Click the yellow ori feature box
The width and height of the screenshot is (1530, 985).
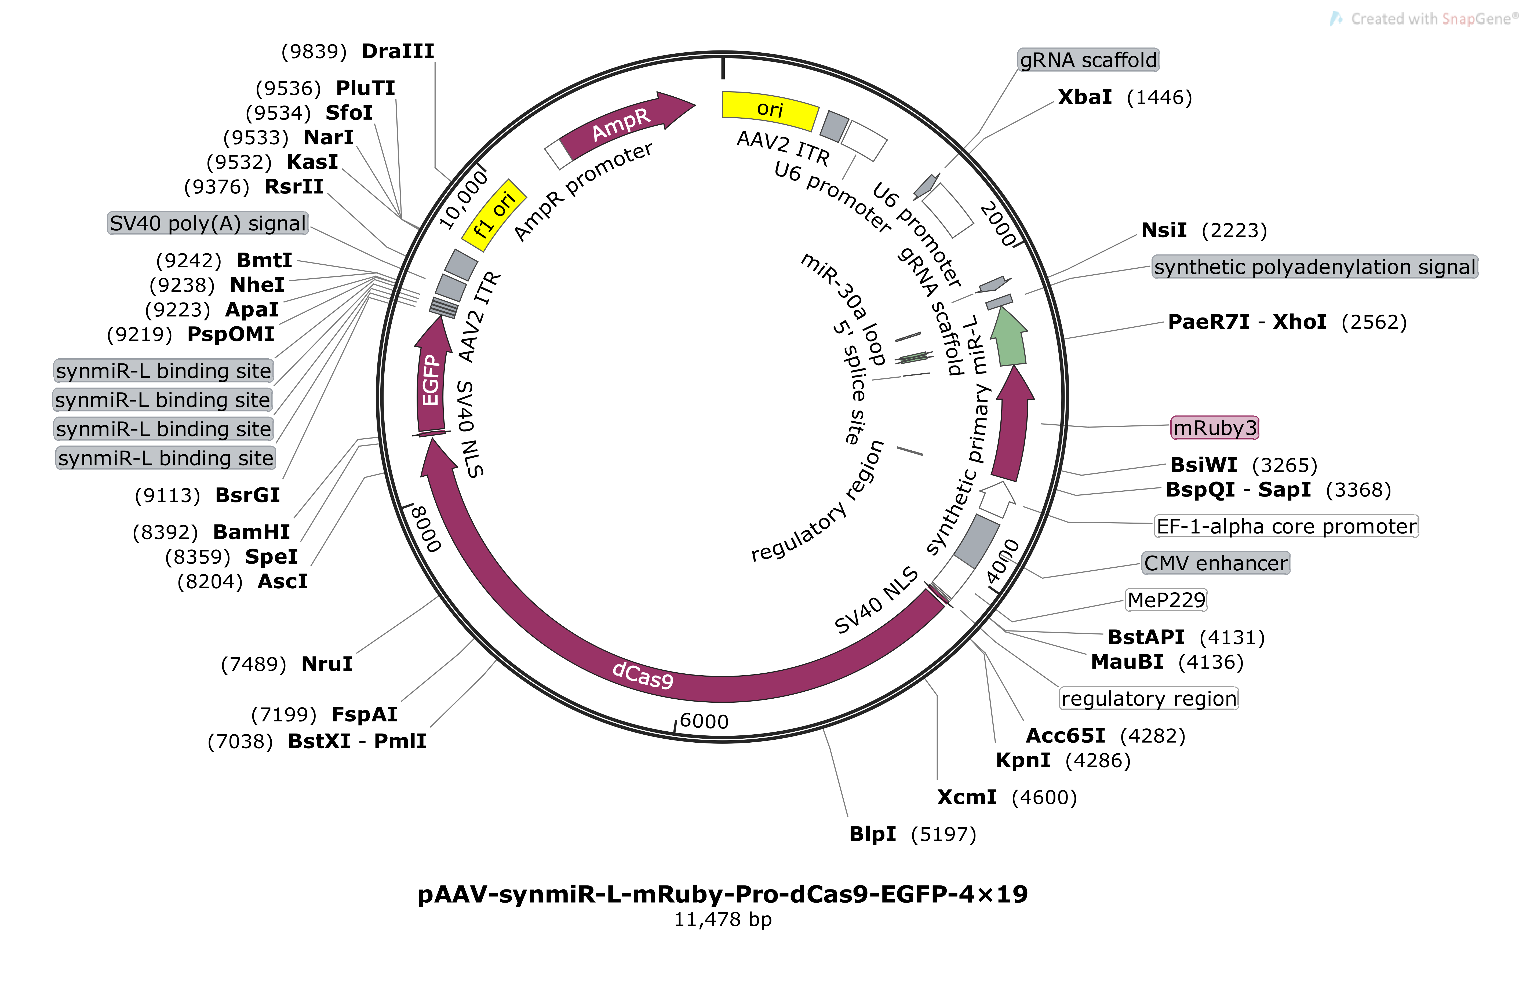(770, 109)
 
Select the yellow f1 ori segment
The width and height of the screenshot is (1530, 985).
(494, 214)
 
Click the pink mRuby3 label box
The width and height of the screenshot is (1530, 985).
(1214, 427)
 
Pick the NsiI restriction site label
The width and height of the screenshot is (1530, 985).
(1164, 230)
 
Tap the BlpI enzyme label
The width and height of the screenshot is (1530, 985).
(872, 834)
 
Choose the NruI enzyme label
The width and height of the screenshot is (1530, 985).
(327, 664)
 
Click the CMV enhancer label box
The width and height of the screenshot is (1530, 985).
(1215, 563)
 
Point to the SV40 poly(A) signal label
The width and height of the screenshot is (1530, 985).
(207, 223)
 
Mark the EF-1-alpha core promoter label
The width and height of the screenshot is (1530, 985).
(1286, 526)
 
